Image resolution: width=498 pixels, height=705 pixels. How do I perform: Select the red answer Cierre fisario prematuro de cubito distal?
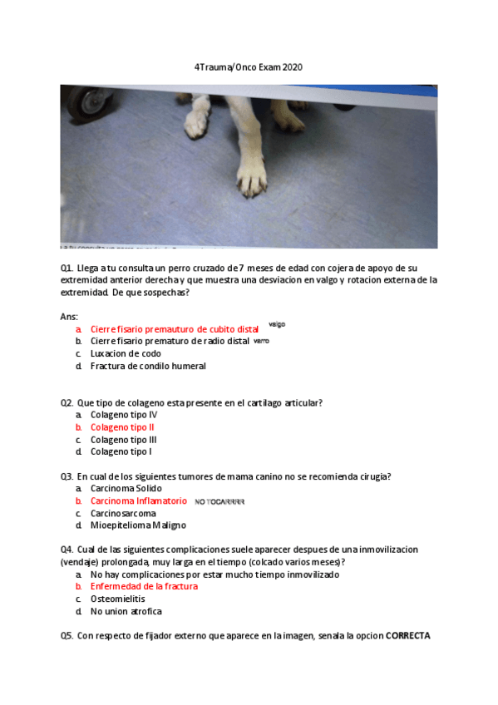point(175,329)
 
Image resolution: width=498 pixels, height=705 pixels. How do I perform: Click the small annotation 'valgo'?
point(276,325)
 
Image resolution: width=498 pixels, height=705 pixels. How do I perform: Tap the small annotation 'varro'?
point(261,341)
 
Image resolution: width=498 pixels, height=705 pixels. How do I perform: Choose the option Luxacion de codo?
point(126,353)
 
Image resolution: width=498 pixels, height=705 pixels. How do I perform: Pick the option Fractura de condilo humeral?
point(148,366)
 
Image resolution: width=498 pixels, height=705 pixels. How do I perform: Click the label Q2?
point(67,402)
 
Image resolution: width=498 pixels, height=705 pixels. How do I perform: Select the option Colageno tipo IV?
point(124,415)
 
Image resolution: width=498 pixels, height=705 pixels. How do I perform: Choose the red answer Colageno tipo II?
point(122,427)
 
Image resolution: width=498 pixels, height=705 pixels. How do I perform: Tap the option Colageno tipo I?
point(121,451)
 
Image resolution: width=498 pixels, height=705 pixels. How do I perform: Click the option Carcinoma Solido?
point(126,489)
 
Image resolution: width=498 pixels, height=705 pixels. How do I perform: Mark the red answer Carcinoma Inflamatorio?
point(139,501)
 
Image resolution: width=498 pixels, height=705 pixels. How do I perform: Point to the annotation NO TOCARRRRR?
point(219,502)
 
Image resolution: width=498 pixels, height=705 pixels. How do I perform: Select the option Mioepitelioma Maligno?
point(138,525)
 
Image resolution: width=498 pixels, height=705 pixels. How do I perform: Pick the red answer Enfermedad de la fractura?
point(144,586)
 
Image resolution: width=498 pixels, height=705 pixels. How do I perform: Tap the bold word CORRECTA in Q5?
point(407,636)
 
